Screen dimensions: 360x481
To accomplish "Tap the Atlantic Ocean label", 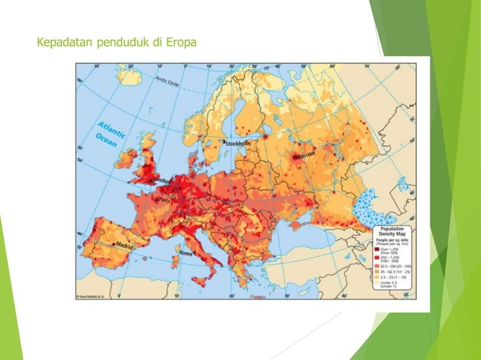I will (x=112, y=133).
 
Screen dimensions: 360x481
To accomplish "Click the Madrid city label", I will (x=124, y=245).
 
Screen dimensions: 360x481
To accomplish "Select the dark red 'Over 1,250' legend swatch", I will (x=381, y=249).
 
